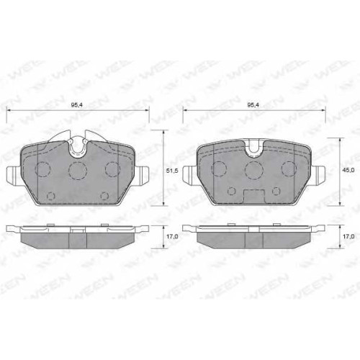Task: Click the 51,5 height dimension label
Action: coord(172,171)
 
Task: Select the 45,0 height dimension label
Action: coord(348,170)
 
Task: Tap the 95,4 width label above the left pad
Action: coord(76,105)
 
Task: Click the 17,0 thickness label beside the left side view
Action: coord(172,236)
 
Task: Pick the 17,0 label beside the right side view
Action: coord(348,236)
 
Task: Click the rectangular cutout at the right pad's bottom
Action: coord(254,197)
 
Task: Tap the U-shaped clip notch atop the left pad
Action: coord(78,148)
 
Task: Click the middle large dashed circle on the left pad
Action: coord(78,171)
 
